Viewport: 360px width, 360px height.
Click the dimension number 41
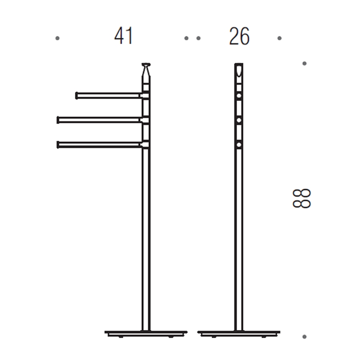click(x=123, y=36)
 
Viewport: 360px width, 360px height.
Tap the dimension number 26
click(x=239, y=36)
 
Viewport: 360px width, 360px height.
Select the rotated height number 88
click(x=302, y=198)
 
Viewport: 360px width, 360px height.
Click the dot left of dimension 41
click(x=58, y=38)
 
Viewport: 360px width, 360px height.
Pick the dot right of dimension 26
click(x=280, y=38)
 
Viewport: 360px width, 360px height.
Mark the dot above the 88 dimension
click(x=304, y=64)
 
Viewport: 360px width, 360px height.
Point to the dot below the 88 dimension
click(x=304, y=337)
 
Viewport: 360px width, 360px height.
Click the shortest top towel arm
click(x=108, y=95)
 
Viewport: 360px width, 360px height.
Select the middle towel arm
click(x=100, y=120)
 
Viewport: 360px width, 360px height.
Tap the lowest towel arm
click(x=100, y=145)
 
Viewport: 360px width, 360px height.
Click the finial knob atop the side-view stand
click(x=146, y=66)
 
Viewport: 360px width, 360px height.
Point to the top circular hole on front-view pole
click(x=239, y=96)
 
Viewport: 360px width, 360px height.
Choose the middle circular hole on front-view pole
click(x=239, y=121)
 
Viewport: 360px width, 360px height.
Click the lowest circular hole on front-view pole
click(x=239, y=145)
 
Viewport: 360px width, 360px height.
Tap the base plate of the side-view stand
click(x=146, y=333)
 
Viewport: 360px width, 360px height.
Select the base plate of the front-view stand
click(x=239, y=333)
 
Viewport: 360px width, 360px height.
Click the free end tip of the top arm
click(x=77, y=95)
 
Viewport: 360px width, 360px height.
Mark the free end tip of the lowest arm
click(x=58, y=145)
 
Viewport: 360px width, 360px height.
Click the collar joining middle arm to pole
click(x=145, y=120)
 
